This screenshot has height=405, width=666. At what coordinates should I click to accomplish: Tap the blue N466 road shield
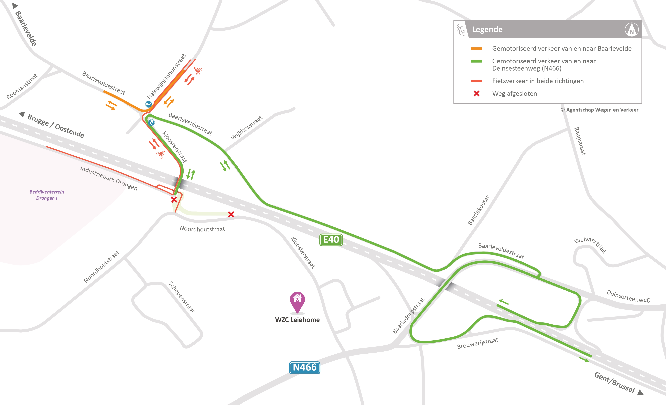point(305,367)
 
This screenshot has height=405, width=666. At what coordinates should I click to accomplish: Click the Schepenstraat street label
point(182,297)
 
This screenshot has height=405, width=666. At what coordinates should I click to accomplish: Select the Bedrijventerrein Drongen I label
point(47,195)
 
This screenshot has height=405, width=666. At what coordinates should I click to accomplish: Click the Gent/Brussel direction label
point(614,382)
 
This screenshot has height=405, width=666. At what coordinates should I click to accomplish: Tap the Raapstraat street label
point(580,141)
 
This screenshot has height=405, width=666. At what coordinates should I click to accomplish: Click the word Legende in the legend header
point(487,29)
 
